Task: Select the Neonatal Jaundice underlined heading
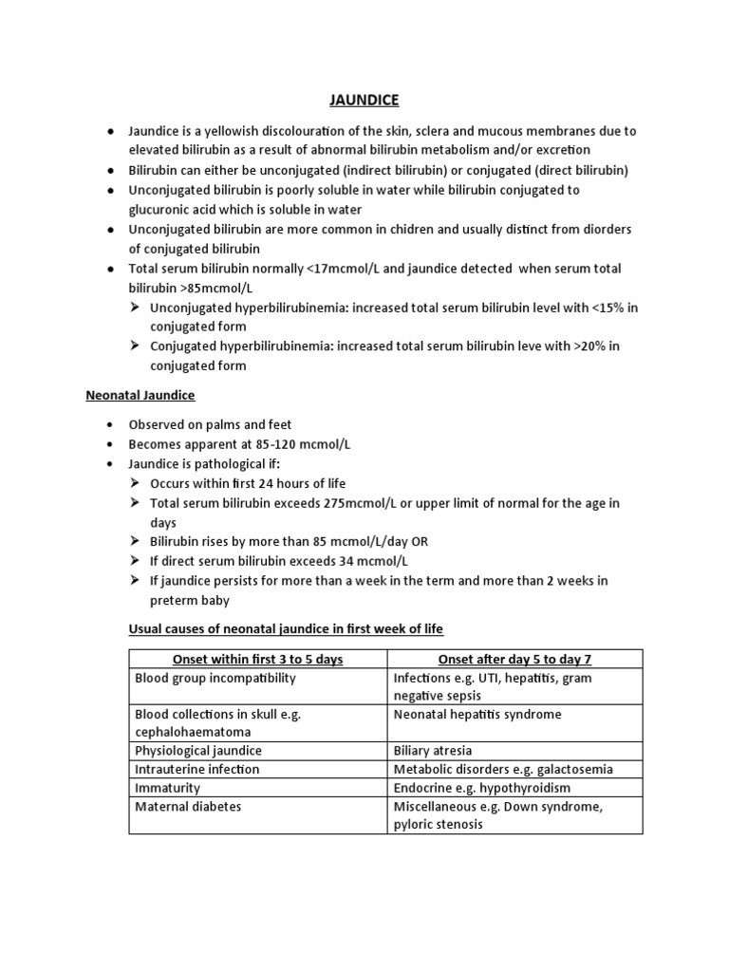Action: [140, 395]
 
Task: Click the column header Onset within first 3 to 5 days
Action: [257, 660]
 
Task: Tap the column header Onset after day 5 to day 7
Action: [514, 660]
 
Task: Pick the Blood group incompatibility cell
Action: [215, 679]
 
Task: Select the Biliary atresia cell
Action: [433, 751]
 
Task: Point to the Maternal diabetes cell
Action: [188, 807]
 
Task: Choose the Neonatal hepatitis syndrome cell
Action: [477, 715]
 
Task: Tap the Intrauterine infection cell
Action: [197, 770]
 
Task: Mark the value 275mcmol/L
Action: [352, 503]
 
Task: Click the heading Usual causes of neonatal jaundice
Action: [286, 629]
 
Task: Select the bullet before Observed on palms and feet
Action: [112, 425]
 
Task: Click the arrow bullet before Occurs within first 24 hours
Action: [137, 484]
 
